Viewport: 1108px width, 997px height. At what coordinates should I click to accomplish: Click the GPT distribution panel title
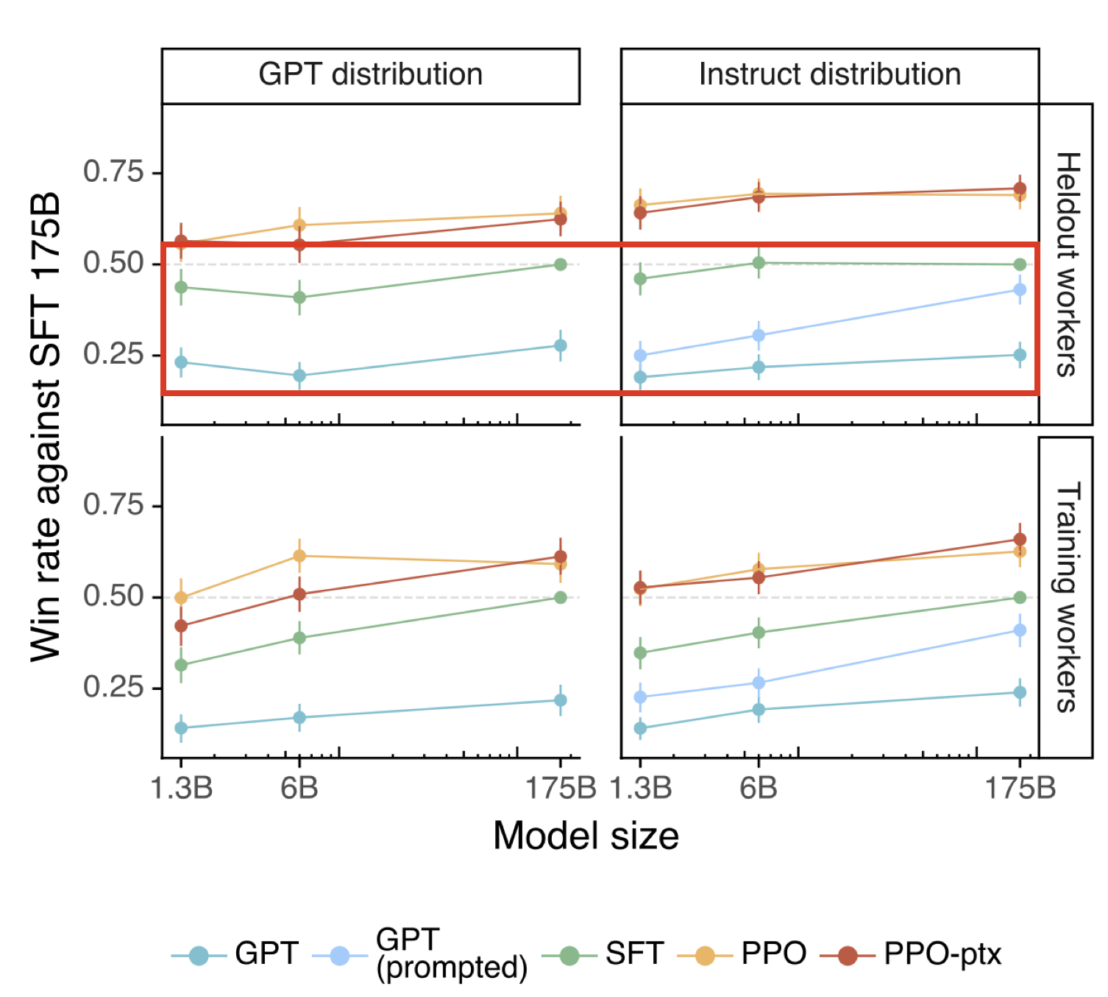[370, 75]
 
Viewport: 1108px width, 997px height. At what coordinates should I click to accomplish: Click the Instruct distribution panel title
[829, 75]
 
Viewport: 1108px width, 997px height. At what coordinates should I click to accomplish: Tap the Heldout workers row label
[1067, 264]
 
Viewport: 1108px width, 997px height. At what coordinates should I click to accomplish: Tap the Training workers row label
[1067, 596]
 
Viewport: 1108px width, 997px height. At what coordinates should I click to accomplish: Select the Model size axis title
[586, 836]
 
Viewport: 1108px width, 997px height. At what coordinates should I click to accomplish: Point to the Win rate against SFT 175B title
[46, 427]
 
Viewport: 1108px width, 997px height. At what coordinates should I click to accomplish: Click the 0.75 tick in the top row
[113, 172]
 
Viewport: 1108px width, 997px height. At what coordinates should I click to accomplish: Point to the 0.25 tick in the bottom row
[113, 687]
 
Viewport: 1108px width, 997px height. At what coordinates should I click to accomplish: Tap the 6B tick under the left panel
[299, 789]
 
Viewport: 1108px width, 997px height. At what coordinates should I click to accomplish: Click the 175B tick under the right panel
[1020, 789]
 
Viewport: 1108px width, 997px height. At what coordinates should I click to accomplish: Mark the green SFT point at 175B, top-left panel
[561, 264]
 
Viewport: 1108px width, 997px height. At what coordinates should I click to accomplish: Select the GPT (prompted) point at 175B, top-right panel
[1020, 289]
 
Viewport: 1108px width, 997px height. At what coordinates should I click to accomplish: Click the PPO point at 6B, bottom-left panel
[299, 556]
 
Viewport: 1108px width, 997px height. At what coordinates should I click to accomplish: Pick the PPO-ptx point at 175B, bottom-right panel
[1020, 539]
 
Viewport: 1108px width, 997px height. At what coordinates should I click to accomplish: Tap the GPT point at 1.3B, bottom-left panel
[181, 728]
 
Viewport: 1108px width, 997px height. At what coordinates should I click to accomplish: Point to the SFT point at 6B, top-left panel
[299, 297]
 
